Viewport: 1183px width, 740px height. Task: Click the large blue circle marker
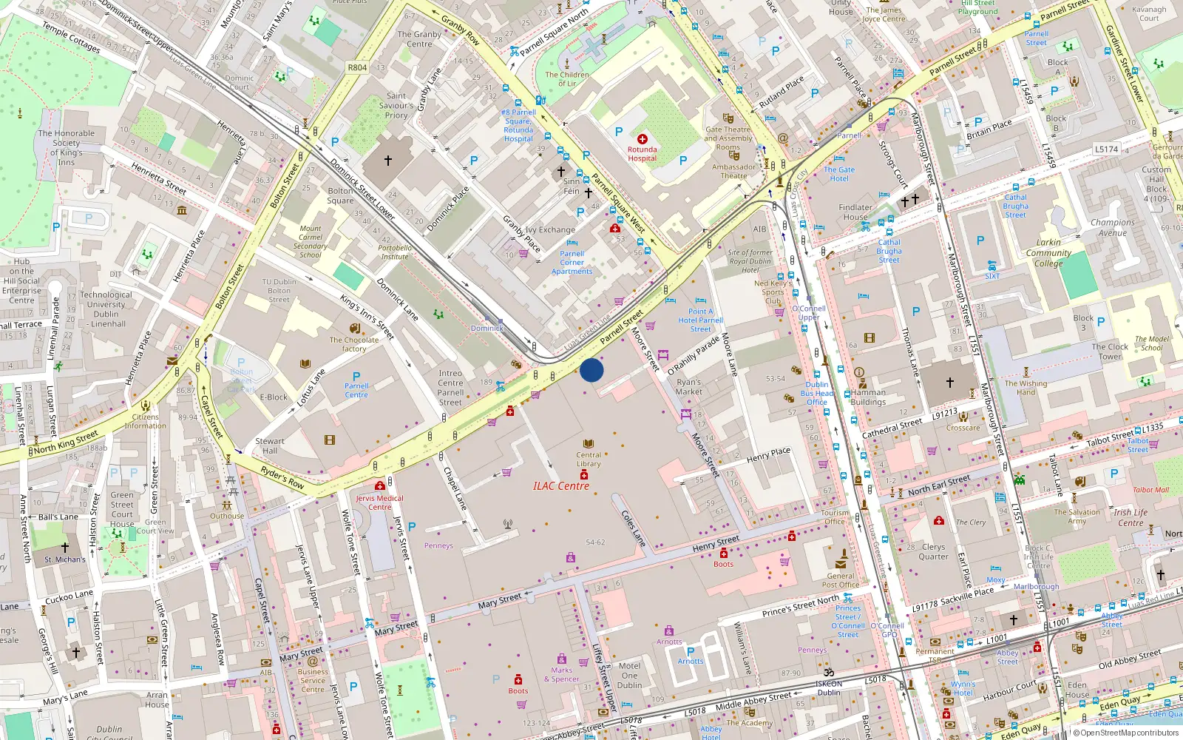pos(591,370)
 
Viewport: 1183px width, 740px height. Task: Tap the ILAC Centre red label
pos(561,486)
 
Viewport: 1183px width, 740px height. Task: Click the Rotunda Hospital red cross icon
pos(642,139)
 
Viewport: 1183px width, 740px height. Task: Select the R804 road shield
pos(357,67)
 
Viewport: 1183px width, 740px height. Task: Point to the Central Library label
pos(589,460)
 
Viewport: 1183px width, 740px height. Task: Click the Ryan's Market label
pos(688,387)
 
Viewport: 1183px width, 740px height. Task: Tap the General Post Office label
pos(841,580)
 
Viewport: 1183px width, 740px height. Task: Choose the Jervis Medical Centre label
pos(379,502)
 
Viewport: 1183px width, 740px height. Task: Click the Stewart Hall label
pos(270,445)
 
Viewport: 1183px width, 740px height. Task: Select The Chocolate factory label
pos(353,344)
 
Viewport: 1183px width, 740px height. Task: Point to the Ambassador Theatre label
pos(733,171)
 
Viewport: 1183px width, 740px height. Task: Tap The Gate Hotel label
pos(839,174)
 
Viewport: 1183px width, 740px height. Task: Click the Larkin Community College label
pos(1048,252)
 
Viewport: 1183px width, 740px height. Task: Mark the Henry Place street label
pos(768,455)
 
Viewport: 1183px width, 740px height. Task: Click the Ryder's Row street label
pos(282,477)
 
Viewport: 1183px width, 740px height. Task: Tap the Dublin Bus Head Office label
pos(817,393)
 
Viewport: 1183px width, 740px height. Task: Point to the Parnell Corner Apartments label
pos(572,262)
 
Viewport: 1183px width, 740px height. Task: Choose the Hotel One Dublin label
pos(629,675)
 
